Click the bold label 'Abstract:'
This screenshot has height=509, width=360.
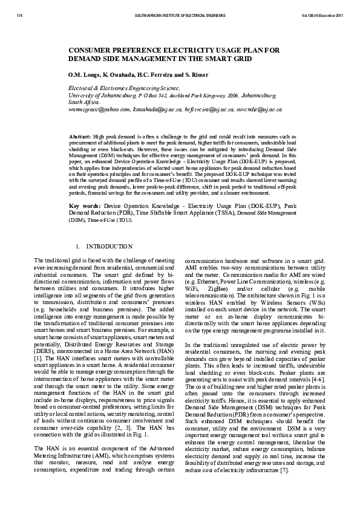tap(80, 138)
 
